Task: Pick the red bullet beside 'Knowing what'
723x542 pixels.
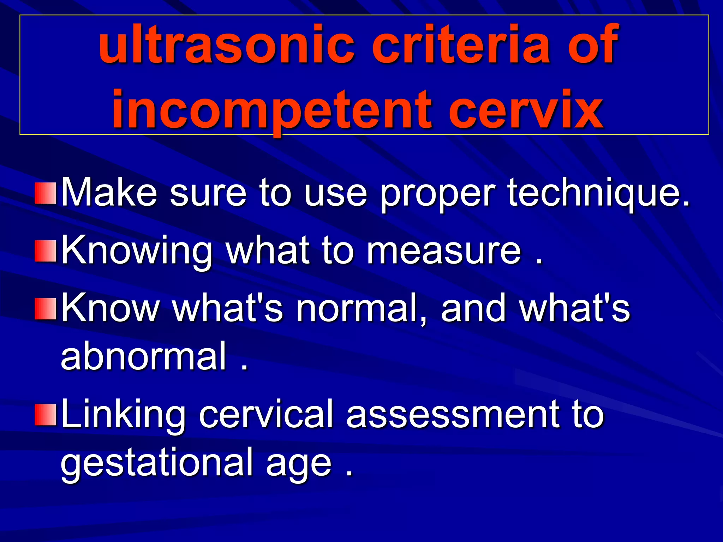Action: point(46,251)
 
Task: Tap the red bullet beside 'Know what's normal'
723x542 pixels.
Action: point(46,309)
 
